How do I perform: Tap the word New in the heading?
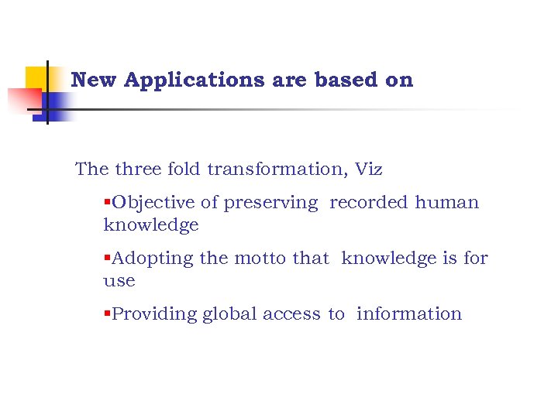94,80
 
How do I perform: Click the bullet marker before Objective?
107,203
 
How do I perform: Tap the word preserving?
270,203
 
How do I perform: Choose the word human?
447,203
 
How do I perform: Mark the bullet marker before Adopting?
107,259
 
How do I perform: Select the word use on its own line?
119,281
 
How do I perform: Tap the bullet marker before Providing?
107,314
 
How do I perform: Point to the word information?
408,314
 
